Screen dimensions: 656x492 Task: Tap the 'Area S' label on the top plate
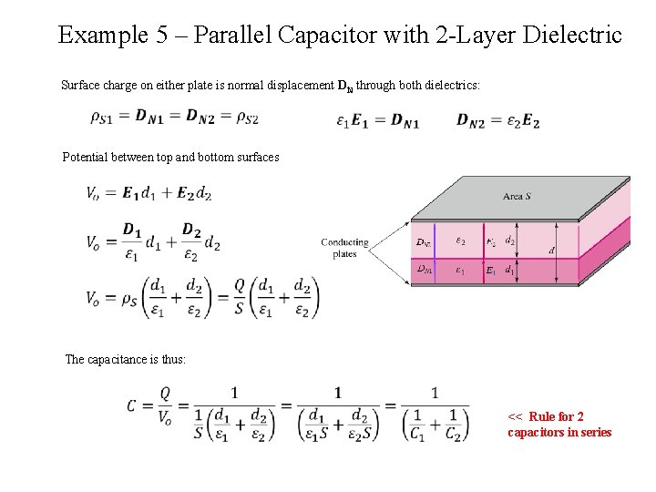click(518, 196)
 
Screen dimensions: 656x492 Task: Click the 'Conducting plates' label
click(344, 248)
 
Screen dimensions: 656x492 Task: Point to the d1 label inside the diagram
click(510, 271)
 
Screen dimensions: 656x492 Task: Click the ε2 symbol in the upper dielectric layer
click(460, 241)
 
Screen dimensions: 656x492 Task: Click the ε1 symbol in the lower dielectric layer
click(460, 271)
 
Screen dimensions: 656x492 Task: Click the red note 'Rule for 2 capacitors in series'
click(559, 425)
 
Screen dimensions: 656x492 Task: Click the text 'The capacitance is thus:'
click(126, 360)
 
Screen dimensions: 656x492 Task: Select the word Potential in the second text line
click(85, 158)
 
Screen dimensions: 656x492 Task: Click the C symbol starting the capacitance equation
click(133, 405)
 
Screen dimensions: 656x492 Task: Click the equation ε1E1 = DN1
click(377, 120)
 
